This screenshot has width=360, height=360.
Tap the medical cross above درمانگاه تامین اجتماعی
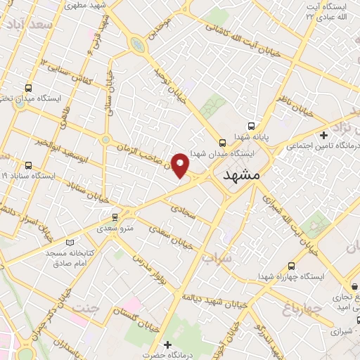pos(323,135)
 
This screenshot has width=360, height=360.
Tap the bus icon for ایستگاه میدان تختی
pos(28,89)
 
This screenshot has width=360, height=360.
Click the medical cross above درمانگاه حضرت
pos(167,345)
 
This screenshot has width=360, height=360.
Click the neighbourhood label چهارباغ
pos(302,307)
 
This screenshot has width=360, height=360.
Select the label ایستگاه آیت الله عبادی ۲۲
pos(324,12)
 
